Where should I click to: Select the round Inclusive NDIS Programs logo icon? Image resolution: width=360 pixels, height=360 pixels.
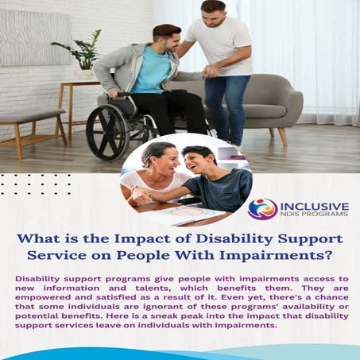(263, 209)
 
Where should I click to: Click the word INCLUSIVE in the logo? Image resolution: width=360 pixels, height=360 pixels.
(314, 205)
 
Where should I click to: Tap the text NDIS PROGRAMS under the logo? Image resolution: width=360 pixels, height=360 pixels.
(314, 217)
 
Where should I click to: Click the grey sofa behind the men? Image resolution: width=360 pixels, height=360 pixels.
(274, 103)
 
